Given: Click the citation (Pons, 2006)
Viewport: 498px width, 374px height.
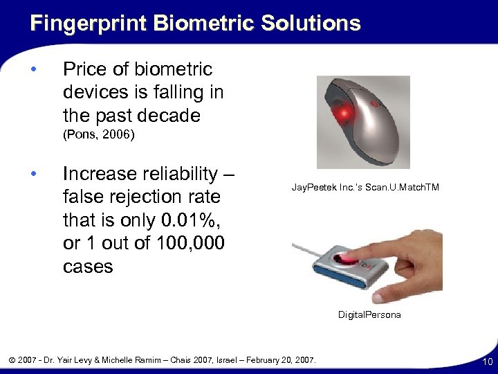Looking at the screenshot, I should [98, 135].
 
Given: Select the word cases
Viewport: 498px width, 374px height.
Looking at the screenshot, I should [88, 267].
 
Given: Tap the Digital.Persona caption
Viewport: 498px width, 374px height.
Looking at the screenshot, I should [369, 314].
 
